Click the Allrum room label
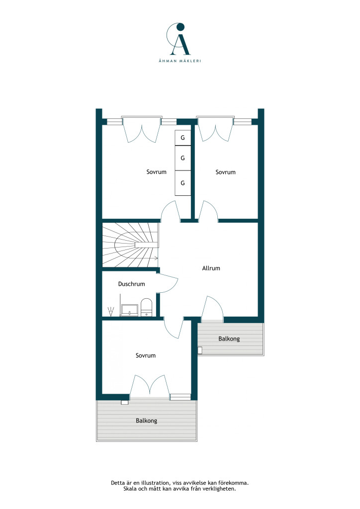[x=211, y=268]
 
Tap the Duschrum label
[x=131, y=284]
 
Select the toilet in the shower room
[x=146, y=307]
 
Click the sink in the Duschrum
[x=130, y=310]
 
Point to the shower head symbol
[x=111, y=312]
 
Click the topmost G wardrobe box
[x=183, y=138]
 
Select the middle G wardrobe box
[x=183, y=158]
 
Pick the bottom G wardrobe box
[x=183, y=183]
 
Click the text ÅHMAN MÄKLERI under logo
[x=180, y=61]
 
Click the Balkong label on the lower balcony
[x=146, y=421]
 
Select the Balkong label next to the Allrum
[x=229, y=339]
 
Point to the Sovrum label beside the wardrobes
[x=157, y=172]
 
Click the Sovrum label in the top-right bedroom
[x=226, y=172]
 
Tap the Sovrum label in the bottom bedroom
[x=146, y=355]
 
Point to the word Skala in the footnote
[x=130, y=489]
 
